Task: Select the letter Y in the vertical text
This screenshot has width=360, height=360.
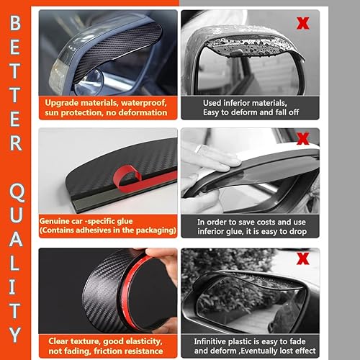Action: pos(17,333)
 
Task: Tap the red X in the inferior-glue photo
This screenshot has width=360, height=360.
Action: pos(302,137)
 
